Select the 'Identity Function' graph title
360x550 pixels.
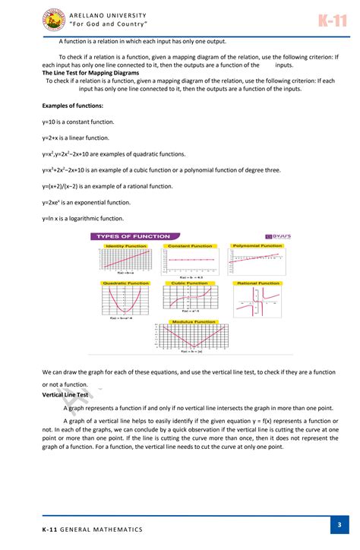pyautogui.click(x=126, y=246)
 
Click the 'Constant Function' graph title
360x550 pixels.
pyautogui.click(x=190, y=246)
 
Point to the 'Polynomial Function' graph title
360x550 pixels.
pyautogui.click(x=257, y=246)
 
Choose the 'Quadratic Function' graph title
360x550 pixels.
pyautogui.click(x=126, y=283)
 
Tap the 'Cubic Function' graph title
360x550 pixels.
pyautogui.click(x=190, y=283)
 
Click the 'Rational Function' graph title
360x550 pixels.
pyautogui.click(x=258, y=283)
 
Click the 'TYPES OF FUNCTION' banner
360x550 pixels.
pyautogui.click(x=134, y=236)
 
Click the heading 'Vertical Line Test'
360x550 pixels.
pyautogui.click(x=65, y=395)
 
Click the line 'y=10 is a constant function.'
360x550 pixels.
pyautogui.click(x=79, y=122)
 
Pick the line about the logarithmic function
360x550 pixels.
pyautogui.click(x=83, y=219)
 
